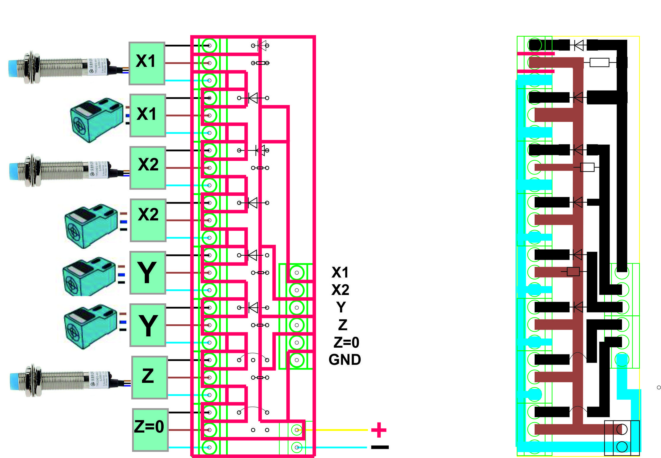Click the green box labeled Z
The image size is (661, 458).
[149, 377]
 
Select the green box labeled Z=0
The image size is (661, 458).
[150, 430]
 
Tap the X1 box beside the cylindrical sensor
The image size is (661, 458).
[147, 63]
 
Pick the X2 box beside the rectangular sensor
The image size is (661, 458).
[148, 220]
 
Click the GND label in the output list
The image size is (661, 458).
[345, 360]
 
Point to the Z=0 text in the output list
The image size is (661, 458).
[346, 342]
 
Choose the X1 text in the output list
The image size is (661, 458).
[340, 272]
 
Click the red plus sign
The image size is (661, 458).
[379, 430]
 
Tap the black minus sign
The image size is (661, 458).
[380, 447]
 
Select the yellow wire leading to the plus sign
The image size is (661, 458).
[340, 430]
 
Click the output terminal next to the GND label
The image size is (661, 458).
[296, 360]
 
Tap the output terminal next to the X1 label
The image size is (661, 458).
[296, 273]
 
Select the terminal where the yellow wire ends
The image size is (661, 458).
[296, 430]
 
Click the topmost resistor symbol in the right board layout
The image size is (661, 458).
[599, 62]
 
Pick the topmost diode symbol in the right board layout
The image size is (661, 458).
[579, 45]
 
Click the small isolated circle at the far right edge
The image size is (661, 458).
[659, 387]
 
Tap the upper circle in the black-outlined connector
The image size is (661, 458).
[622, 429]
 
